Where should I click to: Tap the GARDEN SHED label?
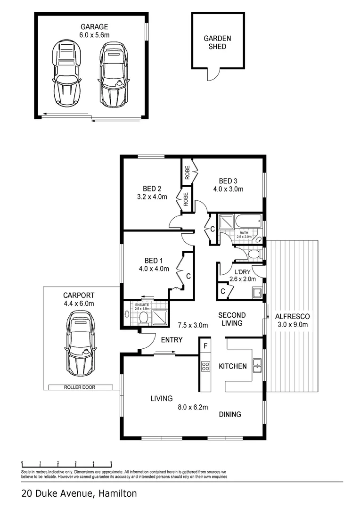(x=215, y=42)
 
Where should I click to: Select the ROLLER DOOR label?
(x=81, y=387)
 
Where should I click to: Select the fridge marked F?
(x=205, y=345)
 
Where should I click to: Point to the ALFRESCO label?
(x=292, y=316)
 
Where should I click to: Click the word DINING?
(x=230, y=414)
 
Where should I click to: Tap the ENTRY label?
(x=172, y=339)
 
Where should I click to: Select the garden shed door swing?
(x=214, y=74)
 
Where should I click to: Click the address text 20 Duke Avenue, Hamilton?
(x=79, y=494)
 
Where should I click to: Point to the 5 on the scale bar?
(x=111, y=462)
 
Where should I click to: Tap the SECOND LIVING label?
(x=231, y=319)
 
